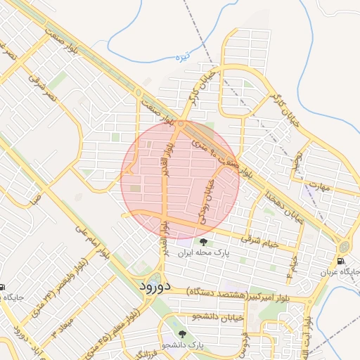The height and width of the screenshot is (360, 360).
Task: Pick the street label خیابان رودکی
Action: tap(209, 200)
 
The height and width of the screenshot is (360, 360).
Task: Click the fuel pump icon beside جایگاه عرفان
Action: tap(341, 262)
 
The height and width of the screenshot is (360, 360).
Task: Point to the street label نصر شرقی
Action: tap(45, 83)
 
